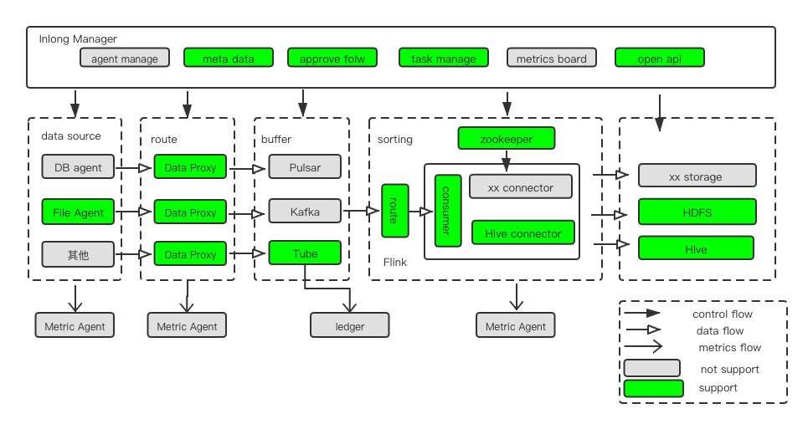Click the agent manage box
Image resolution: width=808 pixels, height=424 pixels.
tap(125, 58)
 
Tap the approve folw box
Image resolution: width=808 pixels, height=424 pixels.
tap(332, 58)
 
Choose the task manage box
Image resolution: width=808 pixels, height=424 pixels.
tap(443, 58)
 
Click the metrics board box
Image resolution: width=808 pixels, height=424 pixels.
tap(551, 58)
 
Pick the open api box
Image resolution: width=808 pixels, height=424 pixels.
tap(659, 58)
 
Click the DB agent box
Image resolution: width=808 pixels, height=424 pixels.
tap(78, 166)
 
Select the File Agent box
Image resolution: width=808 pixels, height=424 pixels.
tap(78, 212)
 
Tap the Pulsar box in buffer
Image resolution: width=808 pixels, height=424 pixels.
tap(306, 166)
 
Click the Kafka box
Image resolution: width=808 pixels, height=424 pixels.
tap(306, 212)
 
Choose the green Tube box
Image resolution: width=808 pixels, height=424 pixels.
tap(306, 253)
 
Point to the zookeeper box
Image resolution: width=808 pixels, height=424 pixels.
tap(507, 138)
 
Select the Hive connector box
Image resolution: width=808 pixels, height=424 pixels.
tap(522, 232)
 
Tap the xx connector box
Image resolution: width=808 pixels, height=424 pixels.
tap(521, 186)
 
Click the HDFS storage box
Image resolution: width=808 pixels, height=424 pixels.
tap(696, 212)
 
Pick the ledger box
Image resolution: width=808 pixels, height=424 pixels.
tap(349, 325)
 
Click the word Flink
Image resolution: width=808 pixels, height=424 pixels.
tap(395, 262)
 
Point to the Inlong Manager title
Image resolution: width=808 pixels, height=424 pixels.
tap(78, 38)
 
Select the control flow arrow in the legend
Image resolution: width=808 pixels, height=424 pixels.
tap(643, 314)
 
